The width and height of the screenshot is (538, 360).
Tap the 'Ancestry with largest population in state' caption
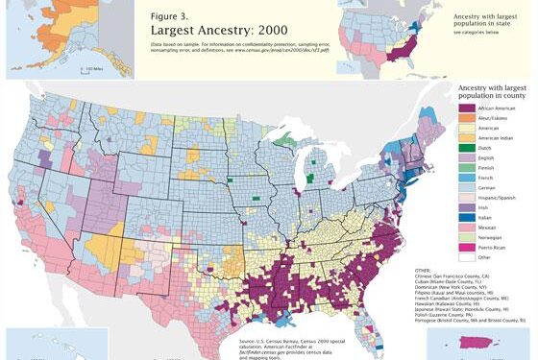coord(485,22)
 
